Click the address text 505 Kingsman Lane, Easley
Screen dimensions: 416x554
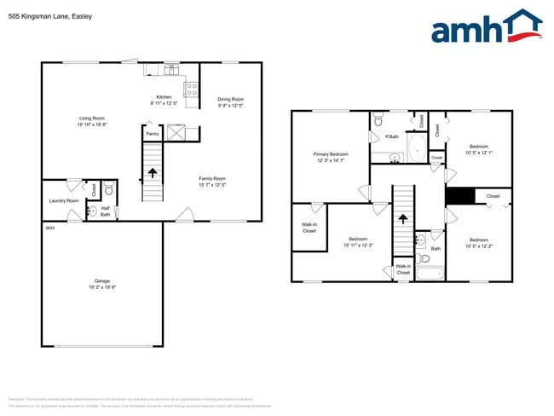(50, 16)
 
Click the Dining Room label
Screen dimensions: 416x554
(231, 102)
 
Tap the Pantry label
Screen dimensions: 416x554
(153, 134)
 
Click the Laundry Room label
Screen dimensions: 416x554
(63, 200)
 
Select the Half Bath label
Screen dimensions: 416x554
(105, 212)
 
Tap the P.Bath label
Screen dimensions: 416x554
(392, 136)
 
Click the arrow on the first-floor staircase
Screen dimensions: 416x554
(153, 173)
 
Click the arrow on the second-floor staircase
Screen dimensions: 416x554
(402, 224)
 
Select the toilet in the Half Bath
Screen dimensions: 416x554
(108, 190)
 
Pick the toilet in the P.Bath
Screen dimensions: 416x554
(379, 121)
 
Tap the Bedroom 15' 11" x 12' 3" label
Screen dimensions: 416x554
(358, 242)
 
